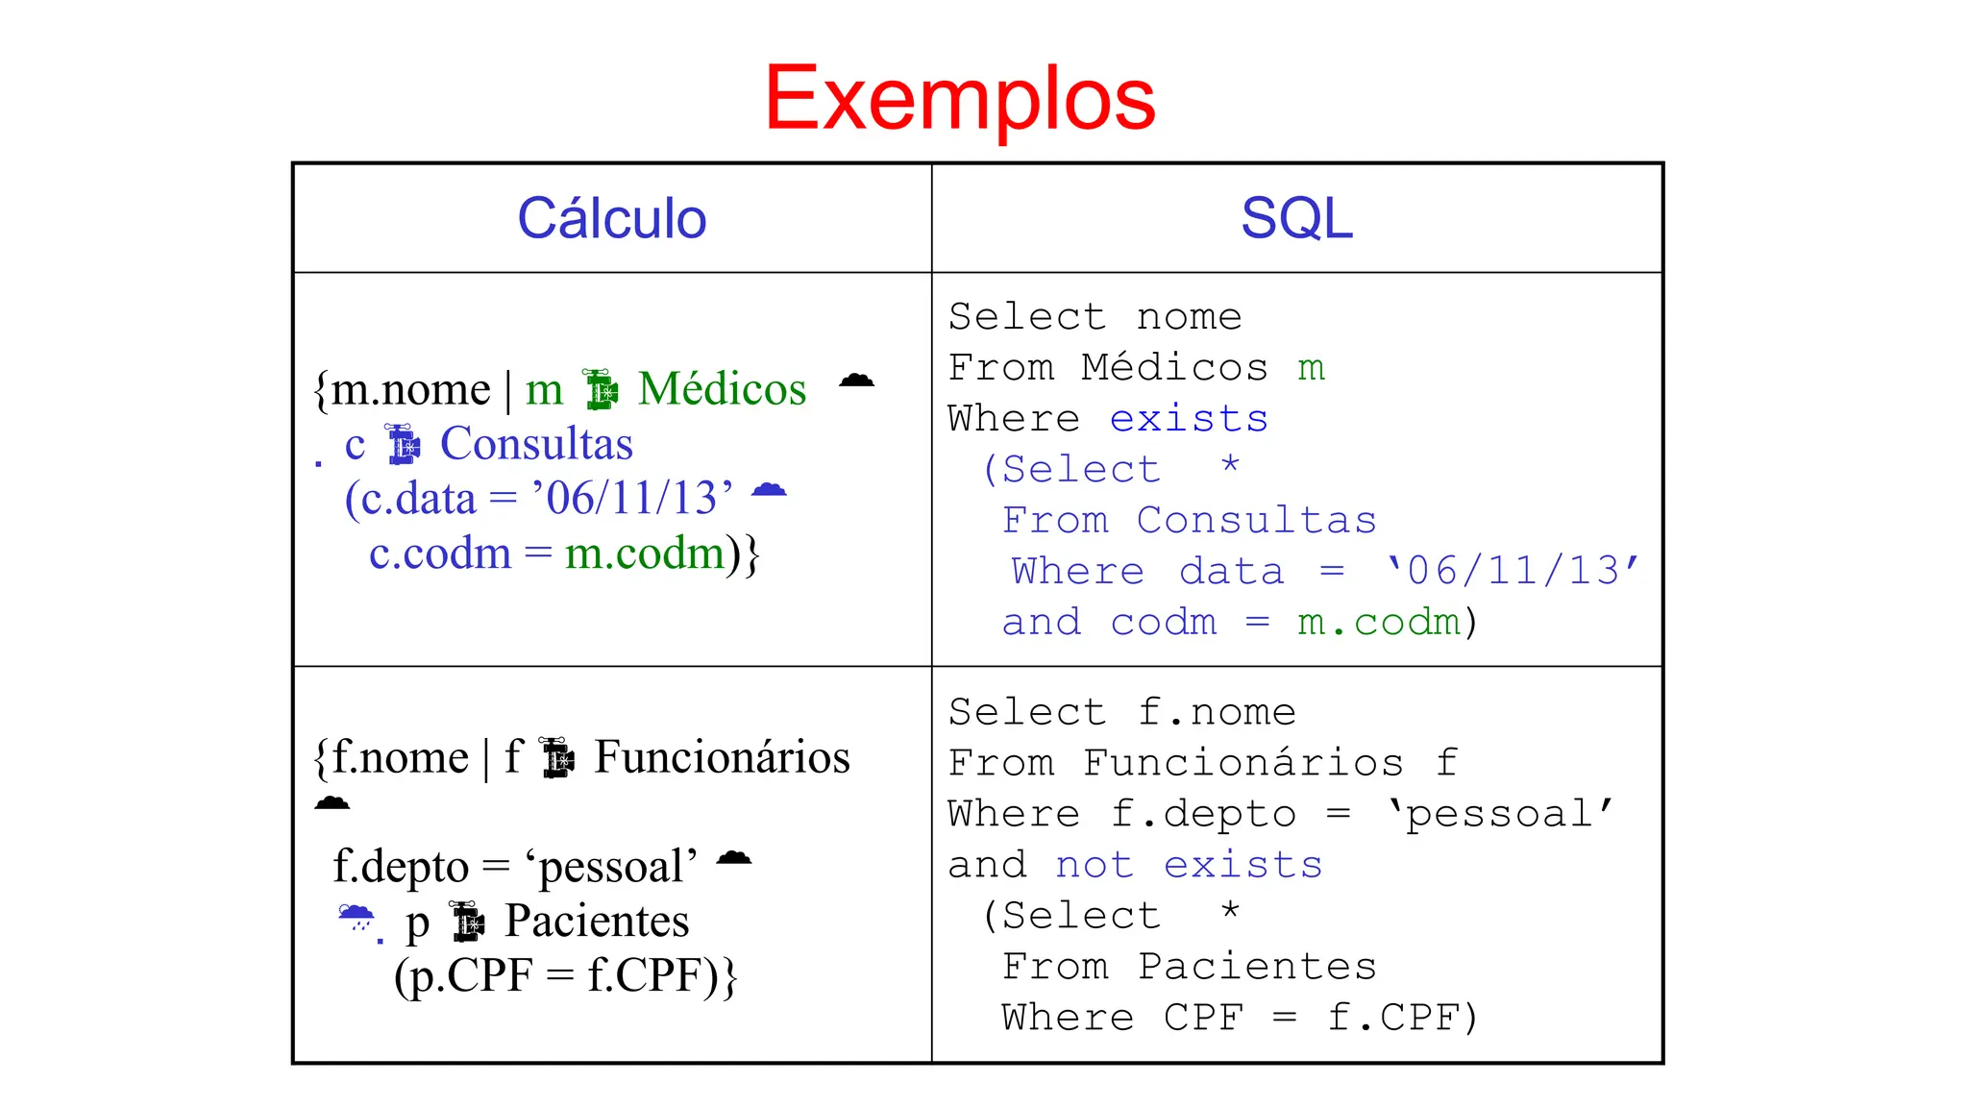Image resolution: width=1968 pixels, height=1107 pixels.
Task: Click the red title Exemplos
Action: point(959,98)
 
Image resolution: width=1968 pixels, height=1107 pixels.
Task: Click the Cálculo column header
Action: point(611,218)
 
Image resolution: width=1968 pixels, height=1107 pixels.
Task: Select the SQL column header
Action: point(1295,218)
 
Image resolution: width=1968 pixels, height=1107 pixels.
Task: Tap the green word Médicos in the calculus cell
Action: point(722,389)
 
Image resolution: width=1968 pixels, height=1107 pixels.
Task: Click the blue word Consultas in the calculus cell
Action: point(536,444)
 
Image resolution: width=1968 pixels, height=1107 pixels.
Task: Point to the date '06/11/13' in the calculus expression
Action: point(639,499)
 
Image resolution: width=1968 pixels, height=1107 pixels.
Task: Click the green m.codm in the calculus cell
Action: point(644,553)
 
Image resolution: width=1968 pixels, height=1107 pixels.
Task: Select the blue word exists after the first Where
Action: point(1189,419)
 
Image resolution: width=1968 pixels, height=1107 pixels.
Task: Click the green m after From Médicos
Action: point(1311,368)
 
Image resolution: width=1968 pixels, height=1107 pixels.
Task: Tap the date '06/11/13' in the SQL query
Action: point(1512,571)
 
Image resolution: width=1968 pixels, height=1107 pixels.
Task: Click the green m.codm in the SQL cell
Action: point(1378,623)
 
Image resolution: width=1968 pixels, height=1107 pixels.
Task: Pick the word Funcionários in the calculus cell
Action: point(722,757)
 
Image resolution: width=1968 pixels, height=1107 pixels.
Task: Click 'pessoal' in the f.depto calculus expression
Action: point(611,867)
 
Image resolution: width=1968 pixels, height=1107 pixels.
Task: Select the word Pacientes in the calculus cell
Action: point(597,922)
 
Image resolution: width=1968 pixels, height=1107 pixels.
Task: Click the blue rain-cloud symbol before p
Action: point(357,918)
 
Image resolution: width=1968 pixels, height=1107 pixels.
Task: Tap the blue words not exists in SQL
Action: point(1189,865)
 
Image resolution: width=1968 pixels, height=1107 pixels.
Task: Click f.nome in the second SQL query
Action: point(1217,712)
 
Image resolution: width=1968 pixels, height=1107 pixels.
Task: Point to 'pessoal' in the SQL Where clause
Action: point(1499,814)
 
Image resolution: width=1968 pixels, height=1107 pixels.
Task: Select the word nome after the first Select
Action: point(1189,317)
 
